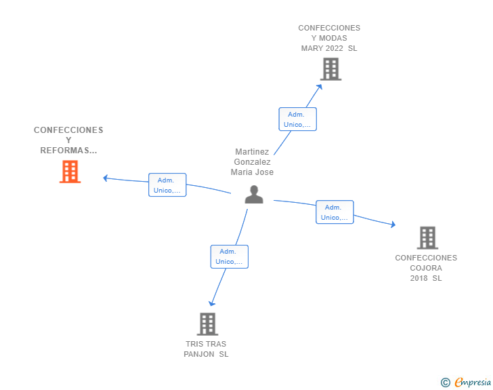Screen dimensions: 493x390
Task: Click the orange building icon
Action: click(70, 172)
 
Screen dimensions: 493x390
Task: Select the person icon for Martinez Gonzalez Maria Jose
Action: click(254, 195)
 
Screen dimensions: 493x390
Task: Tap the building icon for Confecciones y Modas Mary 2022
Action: click(330, 69)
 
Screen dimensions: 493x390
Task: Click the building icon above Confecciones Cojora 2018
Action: click(427, 238)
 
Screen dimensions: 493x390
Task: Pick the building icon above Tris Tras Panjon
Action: click(207, 324)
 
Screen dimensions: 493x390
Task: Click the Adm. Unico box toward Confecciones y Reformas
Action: click(167, 185)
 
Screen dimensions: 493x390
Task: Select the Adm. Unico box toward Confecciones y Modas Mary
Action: click(297, 119)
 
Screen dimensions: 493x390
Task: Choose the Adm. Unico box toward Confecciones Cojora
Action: click(335, 212)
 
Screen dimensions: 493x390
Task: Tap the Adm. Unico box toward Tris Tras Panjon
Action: click(229, 257)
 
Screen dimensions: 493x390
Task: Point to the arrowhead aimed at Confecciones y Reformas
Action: click(106, 178)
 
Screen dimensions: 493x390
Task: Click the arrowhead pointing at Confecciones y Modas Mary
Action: click(320, 87)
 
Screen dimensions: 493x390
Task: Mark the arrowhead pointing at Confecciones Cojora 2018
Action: click(393, 225)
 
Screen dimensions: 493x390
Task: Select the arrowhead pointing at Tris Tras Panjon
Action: click(212, 303)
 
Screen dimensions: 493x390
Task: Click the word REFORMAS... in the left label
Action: click(68, 151)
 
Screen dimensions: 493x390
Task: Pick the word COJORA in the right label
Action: click(426, 268)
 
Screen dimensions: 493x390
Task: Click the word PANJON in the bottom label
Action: click(199, 354)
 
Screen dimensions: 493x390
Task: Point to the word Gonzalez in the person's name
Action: click(252, 162)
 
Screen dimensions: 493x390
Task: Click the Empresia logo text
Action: click(473, 382)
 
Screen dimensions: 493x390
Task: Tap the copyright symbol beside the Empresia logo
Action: click(446, 383)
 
